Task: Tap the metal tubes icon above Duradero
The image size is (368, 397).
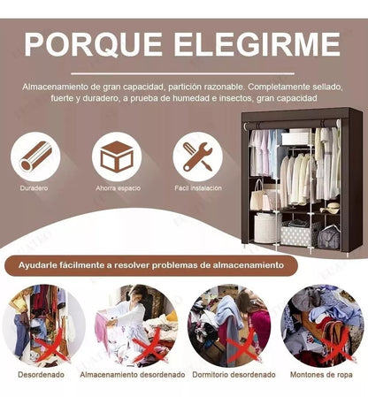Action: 35,157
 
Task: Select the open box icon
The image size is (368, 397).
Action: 117,157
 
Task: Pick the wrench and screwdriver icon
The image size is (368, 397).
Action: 197,157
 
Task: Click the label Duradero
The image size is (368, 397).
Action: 35,188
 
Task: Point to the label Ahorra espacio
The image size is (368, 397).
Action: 117,188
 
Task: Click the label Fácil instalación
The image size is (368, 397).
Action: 197,188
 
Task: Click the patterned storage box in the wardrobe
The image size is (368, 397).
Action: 295,233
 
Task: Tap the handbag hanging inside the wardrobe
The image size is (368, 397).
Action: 257,198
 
